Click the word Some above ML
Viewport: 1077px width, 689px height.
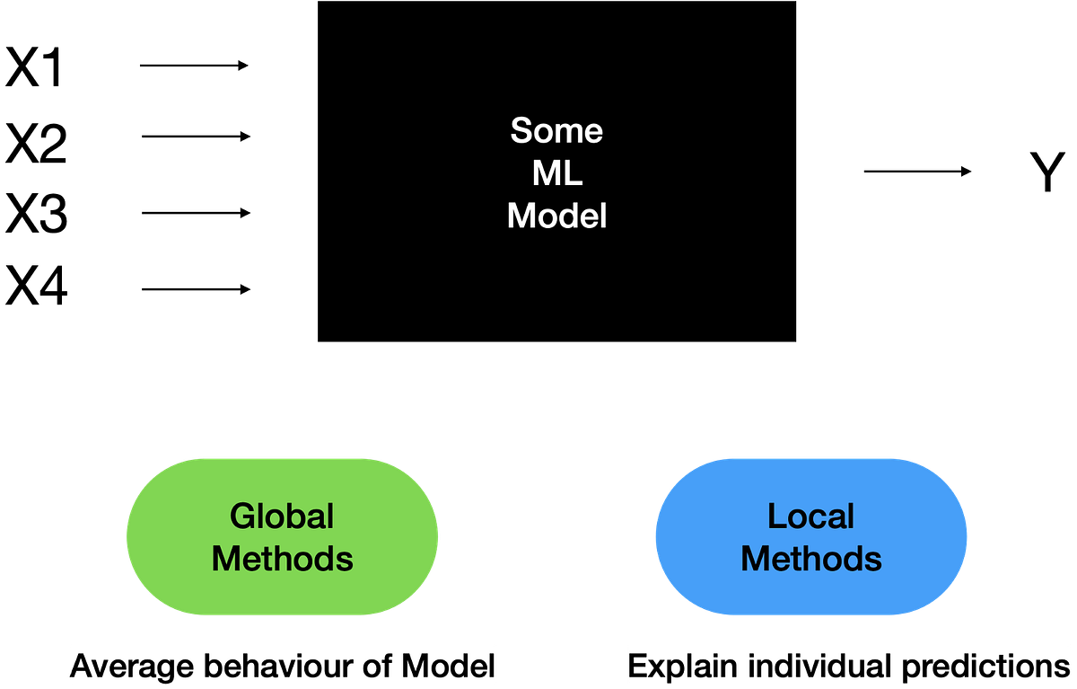[x=556, y=131]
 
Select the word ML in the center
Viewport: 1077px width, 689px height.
[x=556, y=173]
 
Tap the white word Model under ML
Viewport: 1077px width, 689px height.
[x=556, y=216]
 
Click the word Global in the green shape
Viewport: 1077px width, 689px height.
[x=282, y=516]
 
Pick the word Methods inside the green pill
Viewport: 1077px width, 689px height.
[x=282, y=559]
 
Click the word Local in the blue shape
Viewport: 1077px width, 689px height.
[x=810, y=516]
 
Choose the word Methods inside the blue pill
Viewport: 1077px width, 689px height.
[x=810, y=559]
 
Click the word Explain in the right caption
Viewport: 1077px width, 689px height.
[x=685, y=667]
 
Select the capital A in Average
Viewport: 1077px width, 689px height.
[x=81, y=667]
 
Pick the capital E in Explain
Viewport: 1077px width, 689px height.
[x=637, y=667]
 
